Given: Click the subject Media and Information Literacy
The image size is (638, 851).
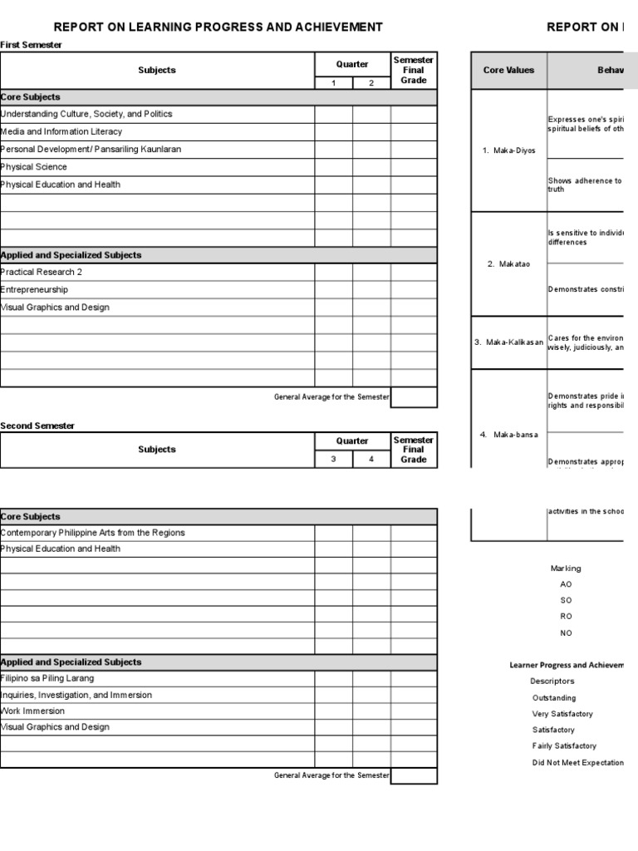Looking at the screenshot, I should pos(61,131).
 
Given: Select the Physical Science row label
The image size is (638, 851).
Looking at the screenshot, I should pos(35,167).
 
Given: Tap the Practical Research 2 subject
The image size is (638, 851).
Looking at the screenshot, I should pos(42,272).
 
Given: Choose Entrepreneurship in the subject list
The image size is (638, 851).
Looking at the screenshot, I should pos(35,290).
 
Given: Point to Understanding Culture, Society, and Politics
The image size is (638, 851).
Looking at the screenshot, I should pos(86,114).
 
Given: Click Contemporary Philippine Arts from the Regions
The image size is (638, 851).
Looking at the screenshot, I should pos(93,533).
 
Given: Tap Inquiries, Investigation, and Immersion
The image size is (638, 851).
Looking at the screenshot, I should pos(76,695).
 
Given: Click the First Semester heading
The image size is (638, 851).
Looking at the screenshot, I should pos(31,45).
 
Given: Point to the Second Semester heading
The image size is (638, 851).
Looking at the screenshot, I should pos(37,425).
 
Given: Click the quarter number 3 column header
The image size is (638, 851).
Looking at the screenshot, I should pos(333,459).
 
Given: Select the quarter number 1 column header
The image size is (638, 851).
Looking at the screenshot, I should pos(333,82).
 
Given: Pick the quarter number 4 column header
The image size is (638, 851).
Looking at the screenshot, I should pos(371,459).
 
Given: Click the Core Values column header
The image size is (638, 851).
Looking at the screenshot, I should pos(508,71).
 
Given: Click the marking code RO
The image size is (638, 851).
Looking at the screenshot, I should pos(566,617).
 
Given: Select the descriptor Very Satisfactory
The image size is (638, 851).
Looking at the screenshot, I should pos(562,714).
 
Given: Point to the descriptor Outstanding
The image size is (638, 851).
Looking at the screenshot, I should pos(554,698).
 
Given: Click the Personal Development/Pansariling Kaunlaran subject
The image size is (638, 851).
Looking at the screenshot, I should pos(91,150).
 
